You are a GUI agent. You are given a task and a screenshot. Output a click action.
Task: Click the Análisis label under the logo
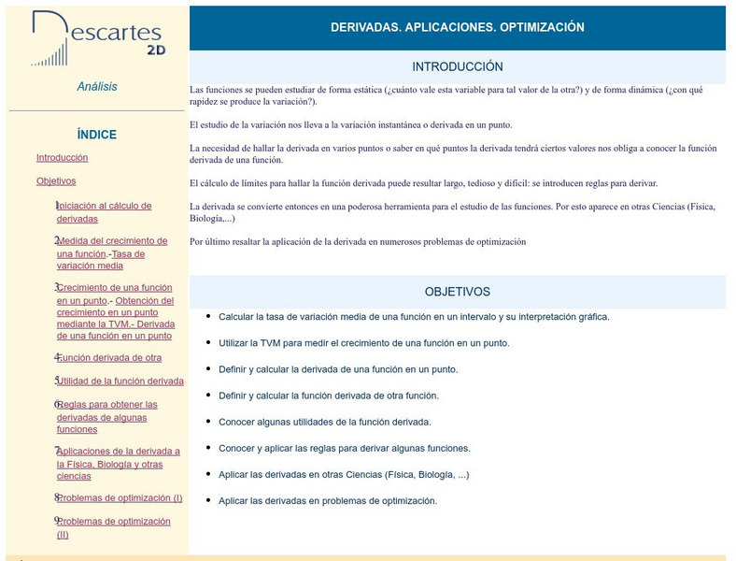point(97,87)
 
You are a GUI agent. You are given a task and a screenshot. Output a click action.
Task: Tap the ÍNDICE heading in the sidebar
point(97,135)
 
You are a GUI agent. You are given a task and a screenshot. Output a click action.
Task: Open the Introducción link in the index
point(62,158)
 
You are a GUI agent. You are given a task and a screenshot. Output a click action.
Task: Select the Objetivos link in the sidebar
point(56,181)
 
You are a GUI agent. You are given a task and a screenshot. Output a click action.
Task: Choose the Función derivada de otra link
point(110,358)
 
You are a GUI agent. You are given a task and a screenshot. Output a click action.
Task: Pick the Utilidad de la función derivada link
point(121,381)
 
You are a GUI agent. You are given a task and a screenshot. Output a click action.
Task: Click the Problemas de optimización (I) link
point(121,498)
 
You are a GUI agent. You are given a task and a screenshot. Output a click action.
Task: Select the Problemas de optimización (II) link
point(115,522)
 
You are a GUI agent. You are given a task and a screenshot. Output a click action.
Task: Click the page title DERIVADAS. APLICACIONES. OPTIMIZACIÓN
point(458,28)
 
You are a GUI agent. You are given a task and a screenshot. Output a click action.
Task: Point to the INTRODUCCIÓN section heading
point(458,67)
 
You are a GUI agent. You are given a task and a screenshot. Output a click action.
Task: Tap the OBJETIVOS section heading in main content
point(458,292)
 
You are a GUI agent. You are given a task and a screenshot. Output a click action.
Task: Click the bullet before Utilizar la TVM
point(207,342)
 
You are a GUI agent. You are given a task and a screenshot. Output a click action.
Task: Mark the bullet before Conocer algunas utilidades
point(207,421)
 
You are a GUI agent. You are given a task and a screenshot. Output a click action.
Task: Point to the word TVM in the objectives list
point(270,343)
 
